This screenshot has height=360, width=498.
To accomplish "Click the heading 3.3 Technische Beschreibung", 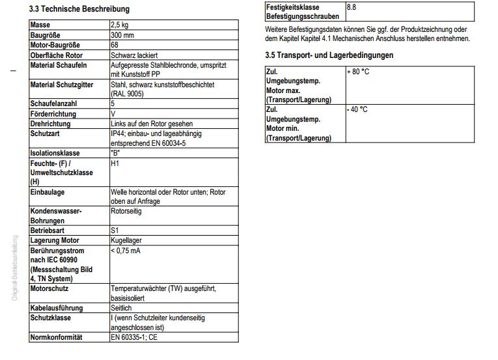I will point(79,9).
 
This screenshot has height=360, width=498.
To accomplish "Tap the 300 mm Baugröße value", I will point(124,35).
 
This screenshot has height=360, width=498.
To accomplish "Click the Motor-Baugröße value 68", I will point(115,45).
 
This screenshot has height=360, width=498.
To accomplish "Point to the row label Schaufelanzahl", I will point(53,104).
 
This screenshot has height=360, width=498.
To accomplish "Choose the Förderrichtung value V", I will point(113,113).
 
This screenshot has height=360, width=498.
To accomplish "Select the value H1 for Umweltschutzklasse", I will point(115,163).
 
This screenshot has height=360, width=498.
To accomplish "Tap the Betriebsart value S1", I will point(115,230).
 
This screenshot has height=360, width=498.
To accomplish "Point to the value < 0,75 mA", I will point(126,251).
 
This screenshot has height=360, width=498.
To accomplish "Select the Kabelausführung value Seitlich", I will point(121,308).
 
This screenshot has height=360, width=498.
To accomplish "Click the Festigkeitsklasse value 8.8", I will point(352,7).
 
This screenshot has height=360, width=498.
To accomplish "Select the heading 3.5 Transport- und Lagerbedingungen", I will point(329,55).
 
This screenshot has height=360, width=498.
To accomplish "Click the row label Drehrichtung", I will point(51,123).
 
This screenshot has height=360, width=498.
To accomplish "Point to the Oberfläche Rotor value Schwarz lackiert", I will point(135,55).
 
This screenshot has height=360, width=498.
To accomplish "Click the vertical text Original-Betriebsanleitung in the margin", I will point(14,268).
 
